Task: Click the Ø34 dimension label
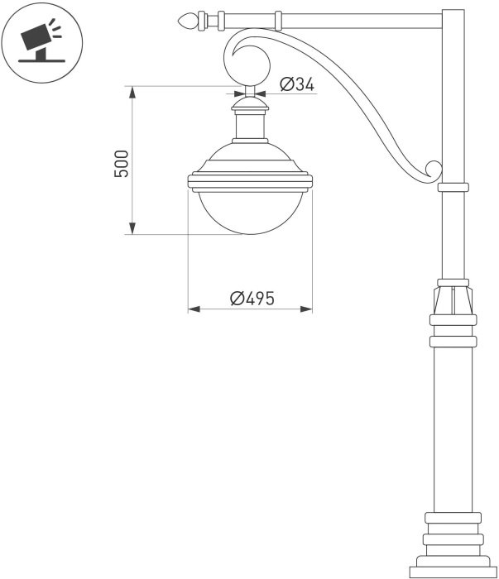297,84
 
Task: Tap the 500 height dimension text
122,164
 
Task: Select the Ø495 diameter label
252,299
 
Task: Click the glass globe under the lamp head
251,213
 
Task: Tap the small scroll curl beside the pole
434,170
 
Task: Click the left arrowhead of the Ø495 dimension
194,309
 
